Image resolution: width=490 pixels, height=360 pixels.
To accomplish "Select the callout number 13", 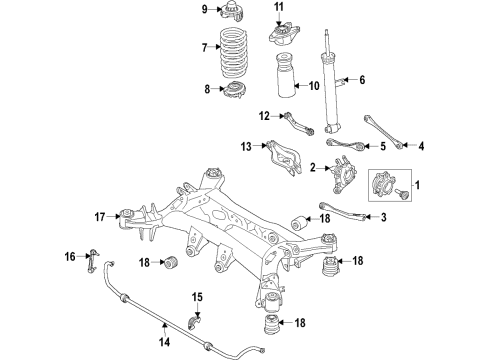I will (246, 146).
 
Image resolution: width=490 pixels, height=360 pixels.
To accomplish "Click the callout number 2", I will (312, 166).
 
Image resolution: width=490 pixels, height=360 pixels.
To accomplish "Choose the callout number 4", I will (421, 147).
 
